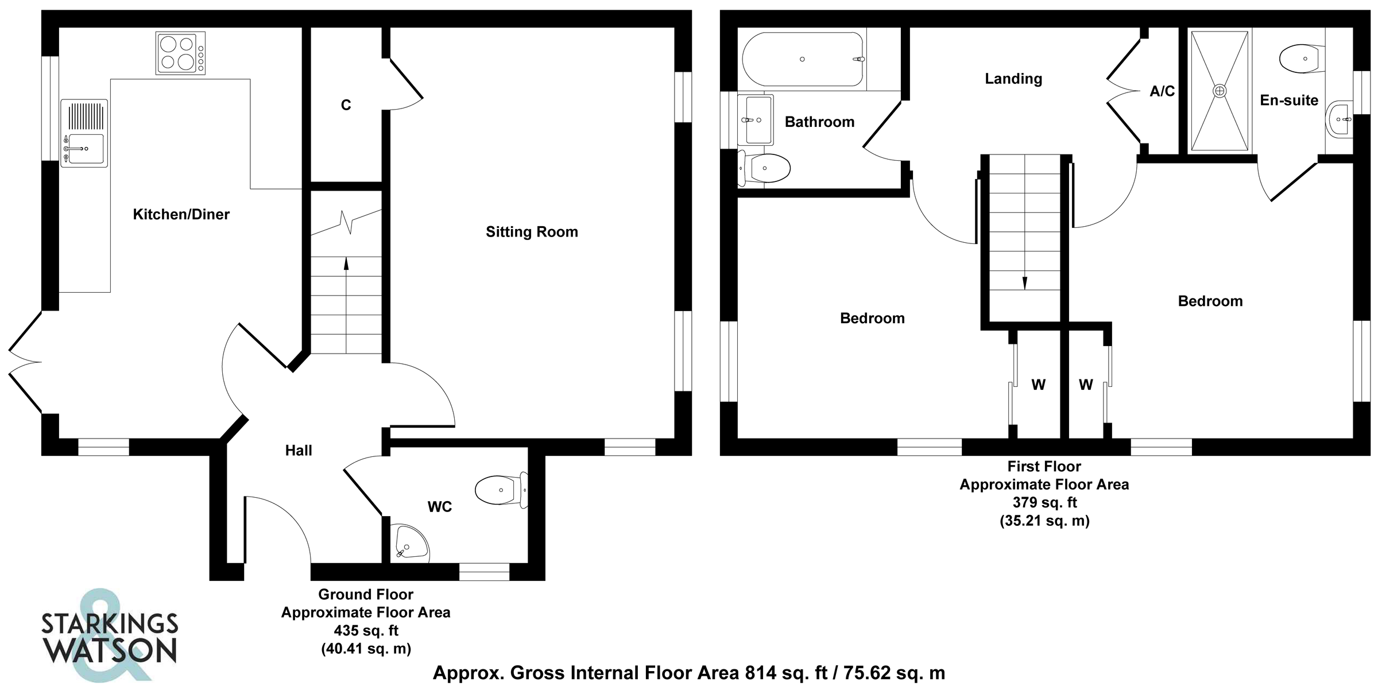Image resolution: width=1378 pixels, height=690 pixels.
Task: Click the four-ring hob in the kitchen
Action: pos(180,53)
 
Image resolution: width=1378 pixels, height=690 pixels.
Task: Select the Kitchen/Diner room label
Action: pos(181,215)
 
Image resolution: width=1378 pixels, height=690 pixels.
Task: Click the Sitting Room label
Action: pos(532,232)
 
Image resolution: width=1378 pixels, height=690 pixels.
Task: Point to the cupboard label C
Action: pos(346,105)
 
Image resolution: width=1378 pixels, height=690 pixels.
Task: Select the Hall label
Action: pos(299,451)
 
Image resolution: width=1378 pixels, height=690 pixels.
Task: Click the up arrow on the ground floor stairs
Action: pos(346,263)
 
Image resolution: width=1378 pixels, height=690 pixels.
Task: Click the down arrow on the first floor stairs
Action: pos(1025,283)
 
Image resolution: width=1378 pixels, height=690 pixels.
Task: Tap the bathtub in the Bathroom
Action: pos(803,59)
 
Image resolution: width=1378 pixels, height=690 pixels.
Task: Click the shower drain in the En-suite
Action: pos(1220,91)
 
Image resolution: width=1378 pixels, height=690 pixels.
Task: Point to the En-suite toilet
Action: pos(1301,59)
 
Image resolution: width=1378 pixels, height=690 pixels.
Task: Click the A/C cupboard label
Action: pos(1162,91)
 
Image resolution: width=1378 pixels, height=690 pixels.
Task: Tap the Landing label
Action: pos(1013,79)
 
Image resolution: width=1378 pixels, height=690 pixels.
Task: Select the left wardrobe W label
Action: pos(1038,385)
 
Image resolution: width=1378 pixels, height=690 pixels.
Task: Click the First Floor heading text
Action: pos(1044,467)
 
